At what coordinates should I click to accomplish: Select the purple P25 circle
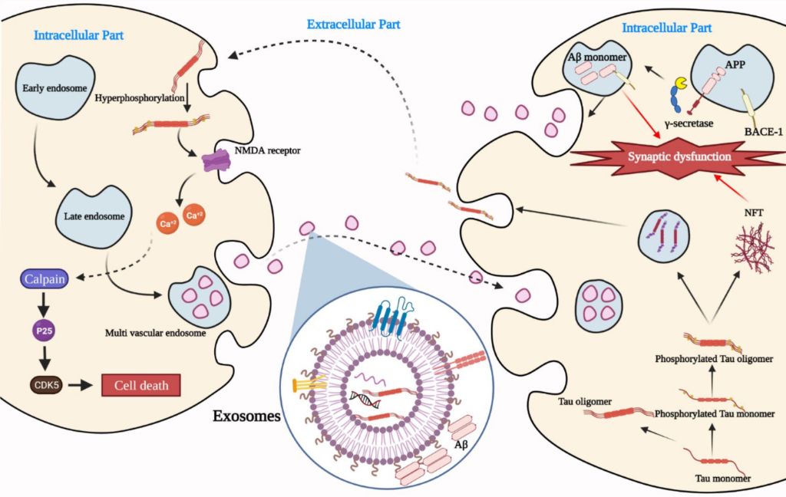[46, 332]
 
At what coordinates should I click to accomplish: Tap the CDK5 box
[46, 382]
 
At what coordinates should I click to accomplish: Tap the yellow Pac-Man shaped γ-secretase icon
[681, 83]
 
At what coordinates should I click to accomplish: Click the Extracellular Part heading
[353, 25]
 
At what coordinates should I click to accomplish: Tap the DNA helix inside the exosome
[364, 397]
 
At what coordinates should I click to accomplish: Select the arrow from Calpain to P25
[46, 305]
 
